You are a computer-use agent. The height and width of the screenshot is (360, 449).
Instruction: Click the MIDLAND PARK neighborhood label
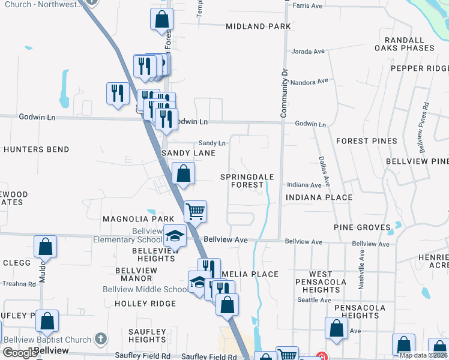point(258,26)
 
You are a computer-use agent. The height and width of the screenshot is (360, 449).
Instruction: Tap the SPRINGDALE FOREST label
point(247,181)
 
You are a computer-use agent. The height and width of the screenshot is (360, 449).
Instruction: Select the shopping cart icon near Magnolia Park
point(195,211)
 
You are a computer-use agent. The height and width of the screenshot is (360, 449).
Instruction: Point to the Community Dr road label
point(285,92)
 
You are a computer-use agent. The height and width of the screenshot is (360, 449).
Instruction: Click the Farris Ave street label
point(308,6)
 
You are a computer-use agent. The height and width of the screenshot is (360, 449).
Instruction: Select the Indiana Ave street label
point(304,185)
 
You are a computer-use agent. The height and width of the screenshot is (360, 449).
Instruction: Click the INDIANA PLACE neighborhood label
point(319,197)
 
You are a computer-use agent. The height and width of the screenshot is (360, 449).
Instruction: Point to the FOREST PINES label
point(366,141)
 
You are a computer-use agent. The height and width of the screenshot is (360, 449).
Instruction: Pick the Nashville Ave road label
point(362,270)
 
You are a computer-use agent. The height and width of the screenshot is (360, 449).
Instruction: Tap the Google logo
point(20,353)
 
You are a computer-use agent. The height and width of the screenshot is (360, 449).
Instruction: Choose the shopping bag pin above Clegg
point(45,247)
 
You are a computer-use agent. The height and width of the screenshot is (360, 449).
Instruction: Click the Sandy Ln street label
point(212,143)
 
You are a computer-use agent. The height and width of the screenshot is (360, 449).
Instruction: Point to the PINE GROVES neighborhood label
point(358,228)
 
